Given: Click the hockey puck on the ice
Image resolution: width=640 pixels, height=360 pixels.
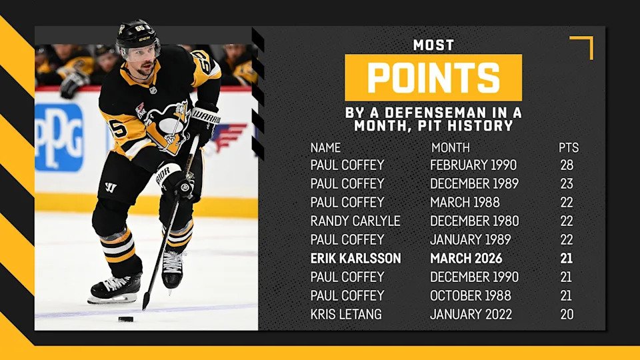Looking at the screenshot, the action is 126,319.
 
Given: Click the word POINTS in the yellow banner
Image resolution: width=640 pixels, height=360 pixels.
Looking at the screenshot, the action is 433,78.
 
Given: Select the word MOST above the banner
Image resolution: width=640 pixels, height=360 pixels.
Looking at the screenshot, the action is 433,45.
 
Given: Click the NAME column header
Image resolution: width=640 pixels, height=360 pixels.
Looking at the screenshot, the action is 325,147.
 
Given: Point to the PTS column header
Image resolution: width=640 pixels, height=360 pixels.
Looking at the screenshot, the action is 569,147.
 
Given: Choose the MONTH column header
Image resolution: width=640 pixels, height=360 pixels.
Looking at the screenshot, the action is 451,147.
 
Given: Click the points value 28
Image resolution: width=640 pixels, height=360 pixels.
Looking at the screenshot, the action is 567,165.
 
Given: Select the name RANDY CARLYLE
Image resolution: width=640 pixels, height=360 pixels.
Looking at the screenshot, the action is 355,221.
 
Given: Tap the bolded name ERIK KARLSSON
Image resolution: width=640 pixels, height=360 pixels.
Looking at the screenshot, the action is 355,259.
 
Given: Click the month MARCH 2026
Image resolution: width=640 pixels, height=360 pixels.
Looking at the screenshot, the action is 466,259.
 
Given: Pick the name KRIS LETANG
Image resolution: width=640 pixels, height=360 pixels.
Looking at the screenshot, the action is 346,314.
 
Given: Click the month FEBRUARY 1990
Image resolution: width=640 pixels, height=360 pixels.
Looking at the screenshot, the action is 473,165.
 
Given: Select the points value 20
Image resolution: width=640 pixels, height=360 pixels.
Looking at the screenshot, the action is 567,314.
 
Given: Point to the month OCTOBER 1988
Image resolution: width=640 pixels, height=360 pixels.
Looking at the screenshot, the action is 471,295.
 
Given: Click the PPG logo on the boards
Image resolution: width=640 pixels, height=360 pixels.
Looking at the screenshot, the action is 59,137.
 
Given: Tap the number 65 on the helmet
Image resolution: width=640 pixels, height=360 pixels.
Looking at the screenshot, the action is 140,28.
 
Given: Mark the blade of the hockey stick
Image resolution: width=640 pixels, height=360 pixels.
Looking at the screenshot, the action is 146,301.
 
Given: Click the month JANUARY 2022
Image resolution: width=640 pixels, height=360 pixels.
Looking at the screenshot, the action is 471,314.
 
